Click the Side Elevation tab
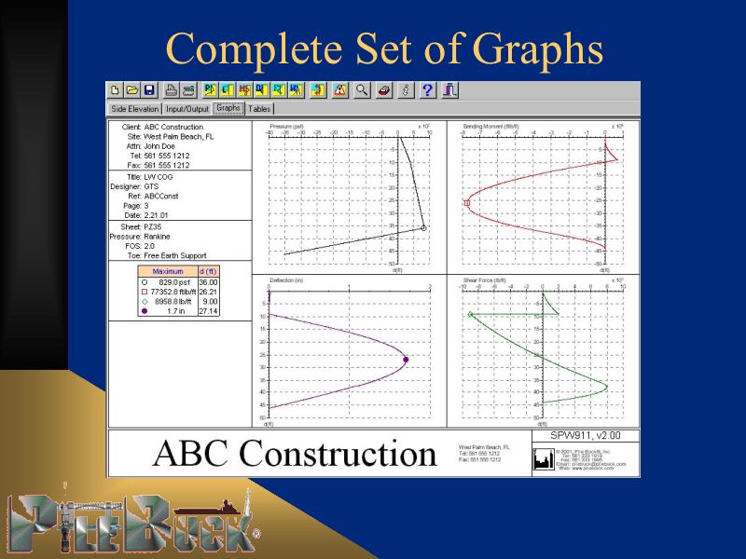tap(135, 109)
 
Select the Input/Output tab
tap(187, 109)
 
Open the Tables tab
tap(260, 109)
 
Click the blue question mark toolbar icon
tap(428, 90)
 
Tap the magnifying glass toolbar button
tap(361, 90)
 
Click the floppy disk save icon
tap(149, 90)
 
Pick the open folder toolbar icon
tap(132, 90)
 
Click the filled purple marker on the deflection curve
tap(406, 360)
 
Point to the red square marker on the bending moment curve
tap(467, 202)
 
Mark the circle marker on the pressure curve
tap(423, 227)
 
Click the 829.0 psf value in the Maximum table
tap(173, 281)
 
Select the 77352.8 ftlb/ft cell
tap(173, 292)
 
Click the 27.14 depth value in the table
tap(208, 311)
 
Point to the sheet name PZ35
tap(153, 225)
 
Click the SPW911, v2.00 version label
tap(586, 435)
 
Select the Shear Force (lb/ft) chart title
tap(484, 279)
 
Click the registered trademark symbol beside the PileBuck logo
tap(256, 537)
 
